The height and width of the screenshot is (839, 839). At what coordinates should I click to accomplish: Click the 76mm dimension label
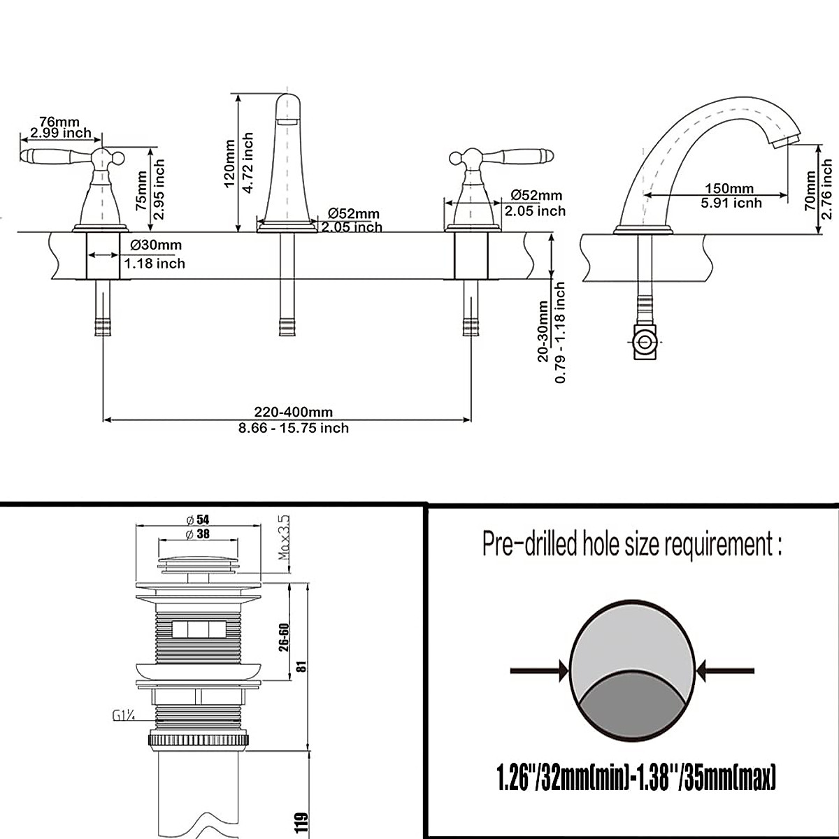tap(59, 122)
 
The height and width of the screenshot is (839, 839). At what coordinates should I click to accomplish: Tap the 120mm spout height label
tap(229, 164)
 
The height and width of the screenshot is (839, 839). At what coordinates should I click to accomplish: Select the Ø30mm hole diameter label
tap(157, 245)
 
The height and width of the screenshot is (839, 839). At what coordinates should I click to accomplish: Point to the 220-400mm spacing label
tap(294, 412)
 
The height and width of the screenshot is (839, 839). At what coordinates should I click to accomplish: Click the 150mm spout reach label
tap(729, 189)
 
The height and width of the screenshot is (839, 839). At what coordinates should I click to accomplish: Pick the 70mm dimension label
tap(810, 191)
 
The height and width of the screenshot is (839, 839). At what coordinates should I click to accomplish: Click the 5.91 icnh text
tap(731, 203)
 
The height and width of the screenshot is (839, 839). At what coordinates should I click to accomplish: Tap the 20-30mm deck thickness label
tap(543, 331)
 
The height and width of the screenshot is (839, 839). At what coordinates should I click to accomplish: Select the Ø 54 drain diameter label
tap(198, 519)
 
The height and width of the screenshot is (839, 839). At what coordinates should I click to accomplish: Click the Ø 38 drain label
tap(198, 533)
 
